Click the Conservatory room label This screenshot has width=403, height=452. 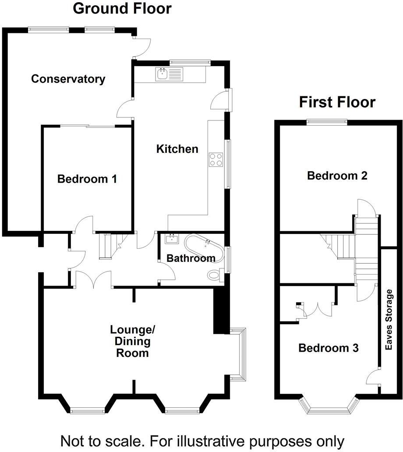point(68,79)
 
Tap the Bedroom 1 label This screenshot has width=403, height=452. point(87,179)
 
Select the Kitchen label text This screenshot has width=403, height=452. point(177,149)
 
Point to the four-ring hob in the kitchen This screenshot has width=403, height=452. point(216,159)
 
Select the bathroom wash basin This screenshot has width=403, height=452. point(171,239)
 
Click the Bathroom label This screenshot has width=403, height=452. point(191,258)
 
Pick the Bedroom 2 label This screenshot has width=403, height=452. point(337,176)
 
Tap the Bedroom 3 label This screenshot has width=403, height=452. point(329,348)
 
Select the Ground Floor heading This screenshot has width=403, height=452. point(122,8)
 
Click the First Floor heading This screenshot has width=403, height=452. point(337,102)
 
